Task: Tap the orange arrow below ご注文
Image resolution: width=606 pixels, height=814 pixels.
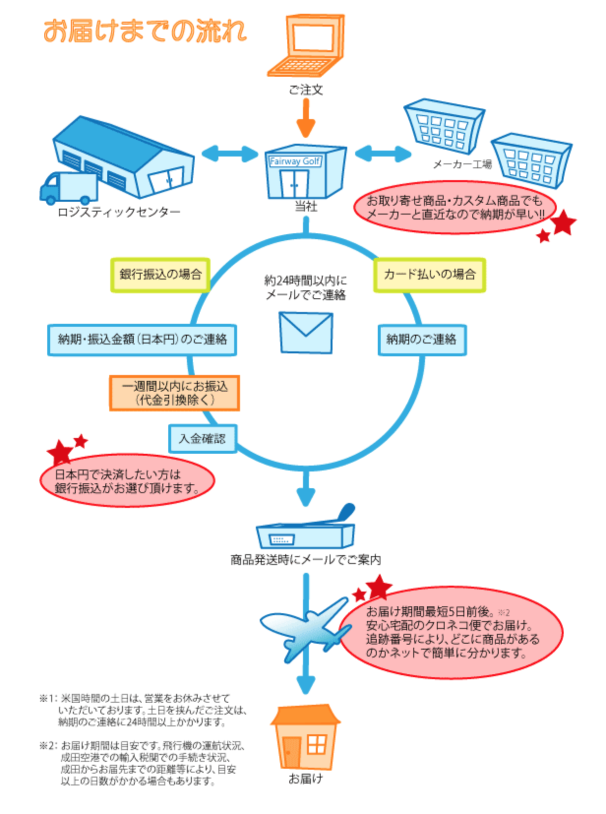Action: click(306, 118)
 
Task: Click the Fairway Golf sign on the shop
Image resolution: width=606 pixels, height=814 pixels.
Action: click(295, 161)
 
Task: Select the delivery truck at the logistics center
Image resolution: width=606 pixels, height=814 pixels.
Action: click(69, 188)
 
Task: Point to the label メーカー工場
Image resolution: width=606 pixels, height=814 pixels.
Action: click(462, 164)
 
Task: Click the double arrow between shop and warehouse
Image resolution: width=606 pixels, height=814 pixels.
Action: click(230, 154)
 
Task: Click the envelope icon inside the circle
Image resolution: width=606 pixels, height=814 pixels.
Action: click(306, 333)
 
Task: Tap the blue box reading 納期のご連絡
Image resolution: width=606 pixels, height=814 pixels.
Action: click(422, 340)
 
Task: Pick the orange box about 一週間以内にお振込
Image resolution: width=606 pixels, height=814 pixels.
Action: click(175, 393)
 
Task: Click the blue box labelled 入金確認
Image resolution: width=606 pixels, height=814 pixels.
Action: click(203, 438)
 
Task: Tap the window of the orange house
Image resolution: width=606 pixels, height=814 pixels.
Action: click(316, 744)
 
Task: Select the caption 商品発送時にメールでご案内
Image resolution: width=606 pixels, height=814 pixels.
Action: click(305, 560)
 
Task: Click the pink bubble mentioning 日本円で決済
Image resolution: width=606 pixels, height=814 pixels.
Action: click(127, 481)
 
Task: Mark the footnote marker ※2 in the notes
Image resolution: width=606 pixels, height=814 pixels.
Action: click(48, 746)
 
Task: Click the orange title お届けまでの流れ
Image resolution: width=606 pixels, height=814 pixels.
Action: click(145, 31)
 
